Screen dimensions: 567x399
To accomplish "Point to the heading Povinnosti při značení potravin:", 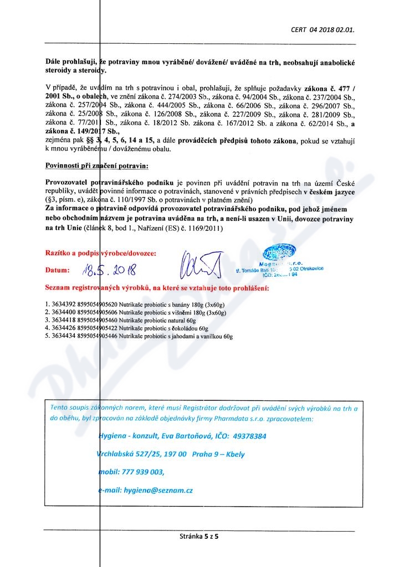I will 97,166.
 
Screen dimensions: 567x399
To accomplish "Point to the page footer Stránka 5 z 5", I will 199,537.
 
